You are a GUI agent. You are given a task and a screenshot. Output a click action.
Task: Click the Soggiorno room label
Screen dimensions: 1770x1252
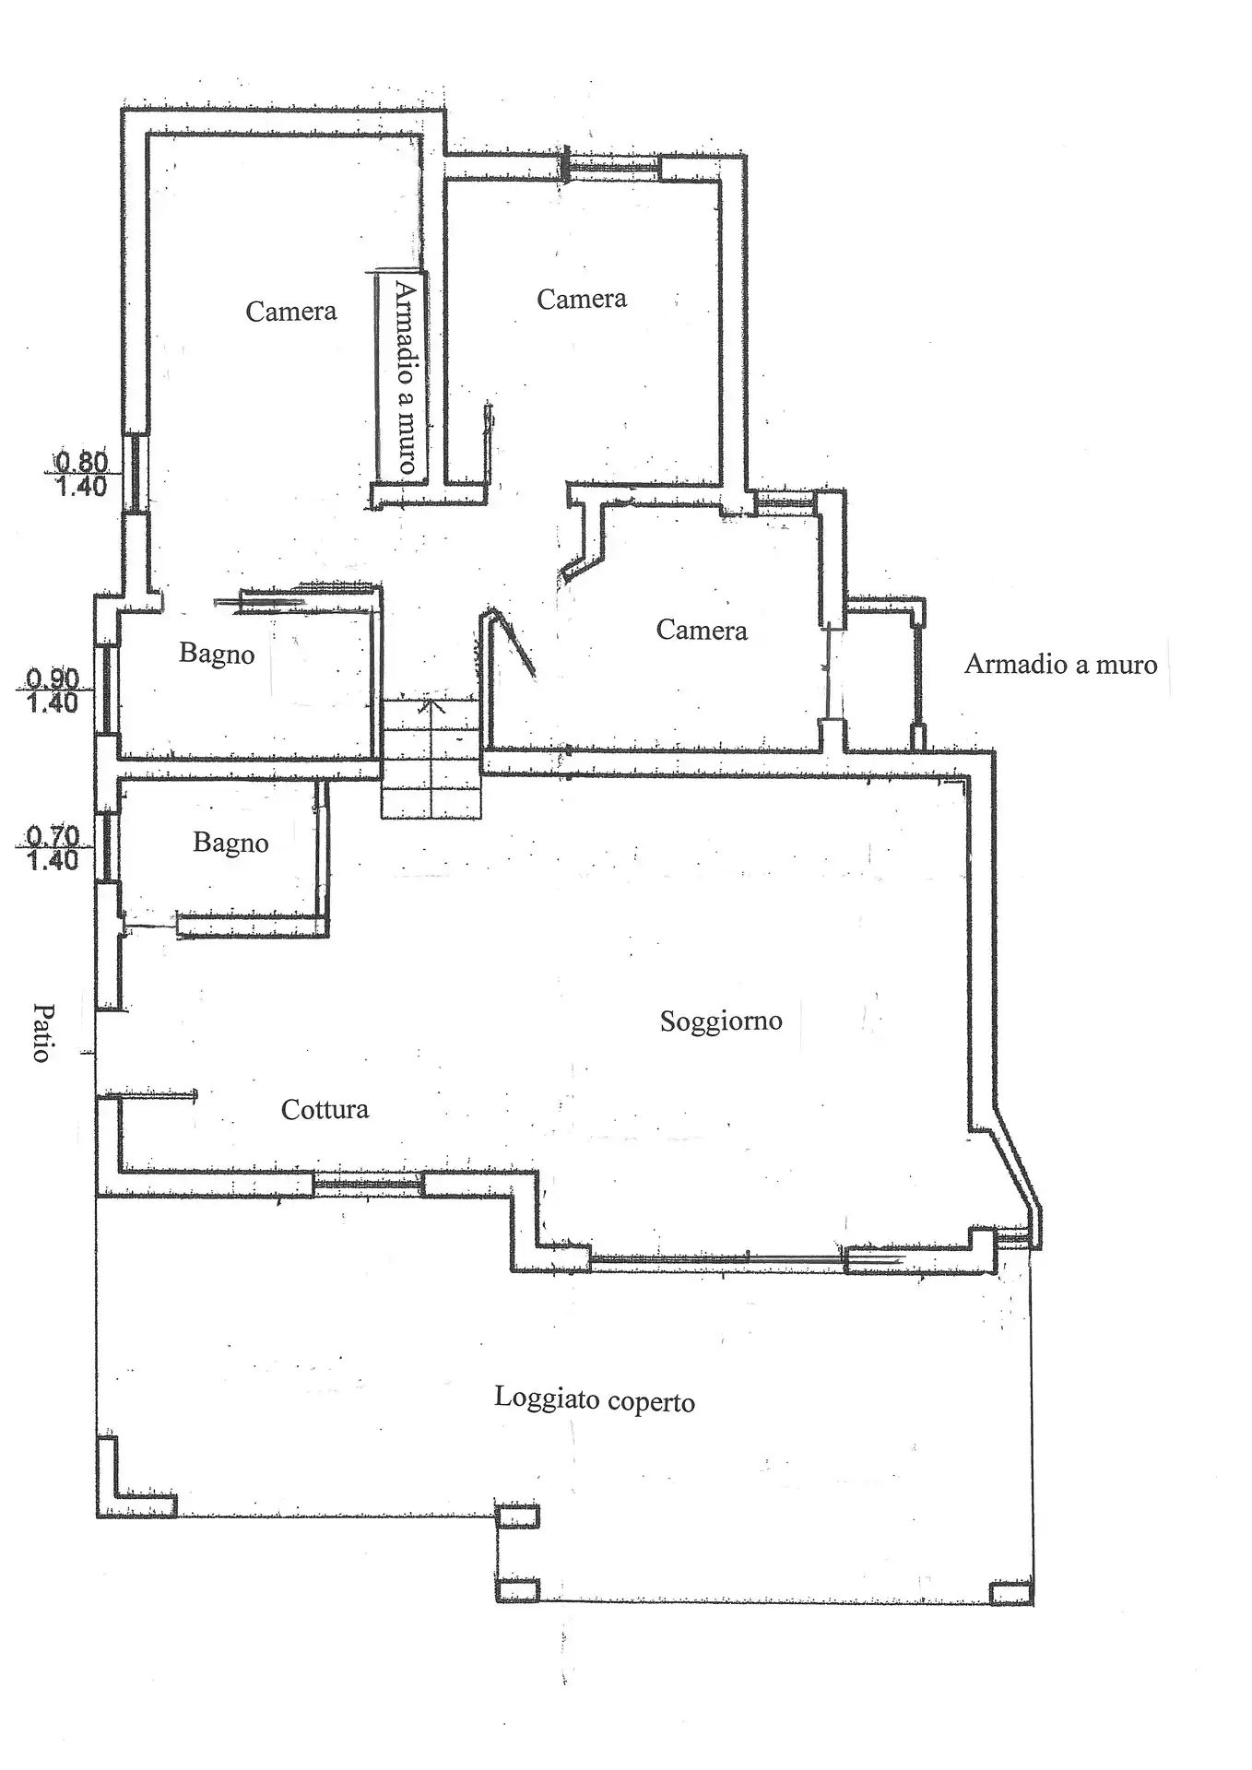point(721,1021)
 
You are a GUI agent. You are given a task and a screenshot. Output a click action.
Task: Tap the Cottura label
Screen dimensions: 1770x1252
point(325,1109)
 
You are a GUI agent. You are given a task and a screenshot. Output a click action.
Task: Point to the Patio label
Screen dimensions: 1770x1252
point(41,1032)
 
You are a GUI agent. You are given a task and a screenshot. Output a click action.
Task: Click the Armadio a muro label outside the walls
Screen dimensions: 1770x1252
point(1060,664)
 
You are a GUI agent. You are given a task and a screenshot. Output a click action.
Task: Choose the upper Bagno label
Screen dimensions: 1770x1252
point(217,654)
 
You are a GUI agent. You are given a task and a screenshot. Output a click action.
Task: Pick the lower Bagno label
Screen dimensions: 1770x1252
point(230,843)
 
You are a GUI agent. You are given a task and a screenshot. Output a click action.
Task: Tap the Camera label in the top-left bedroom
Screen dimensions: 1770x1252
point(290,312)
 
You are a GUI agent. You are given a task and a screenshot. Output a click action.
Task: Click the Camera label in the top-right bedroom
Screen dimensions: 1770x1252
point(582,299)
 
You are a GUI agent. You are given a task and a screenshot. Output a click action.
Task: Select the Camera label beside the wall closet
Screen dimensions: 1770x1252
point(702,631)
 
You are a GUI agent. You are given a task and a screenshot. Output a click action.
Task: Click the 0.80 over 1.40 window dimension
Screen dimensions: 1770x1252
point(82,473)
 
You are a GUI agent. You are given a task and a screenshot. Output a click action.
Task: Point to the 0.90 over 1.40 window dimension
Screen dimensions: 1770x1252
point(53,690)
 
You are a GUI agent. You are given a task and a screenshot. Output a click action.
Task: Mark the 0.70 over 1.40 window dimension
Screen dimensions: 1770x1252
point(53,848)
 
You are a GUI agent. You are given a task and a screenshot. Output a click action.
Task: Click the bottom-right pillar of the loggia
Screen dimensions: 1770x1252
point(1011,1592)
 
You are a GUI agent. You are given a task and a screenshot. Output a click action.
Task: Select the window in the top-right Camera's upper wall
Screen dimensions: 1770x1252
point(612,167)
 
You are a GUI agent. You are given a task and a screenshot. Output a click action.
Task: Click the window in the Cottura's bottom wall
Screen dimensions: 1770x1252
point(367,1183)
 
